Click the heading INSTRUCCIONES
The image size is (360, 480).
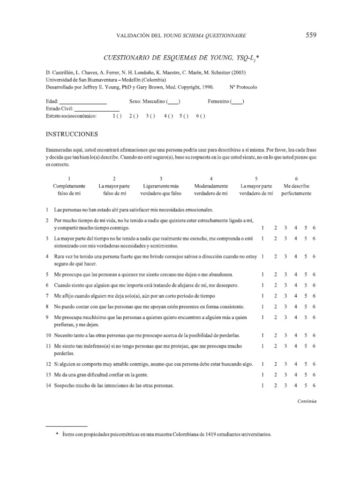coord(72,134)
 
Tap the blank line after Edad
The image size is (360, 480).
coord(83,101)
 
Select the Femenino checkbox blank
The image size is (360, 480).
coord(237,101)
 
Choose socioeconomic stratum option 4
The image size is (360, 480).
coord(168,116)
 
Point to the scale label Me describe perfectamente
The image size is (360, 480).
coord(296,189)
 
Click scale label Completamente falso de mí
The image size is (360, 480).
coord(69,189)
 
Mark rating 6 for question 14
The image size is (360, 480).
coord(314,386)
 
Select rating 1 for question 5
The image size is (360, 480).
coord(263,274)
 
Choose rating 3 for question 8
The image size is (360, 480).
coord(285,307)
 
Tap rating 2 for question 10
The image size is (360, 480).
coord(276,336)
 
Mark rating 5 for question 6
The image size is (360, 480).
coord(306,285)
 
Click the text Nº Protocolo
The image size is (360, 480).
coord(243,87)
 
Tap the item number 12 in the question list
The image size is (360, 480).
coord(48,364)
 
